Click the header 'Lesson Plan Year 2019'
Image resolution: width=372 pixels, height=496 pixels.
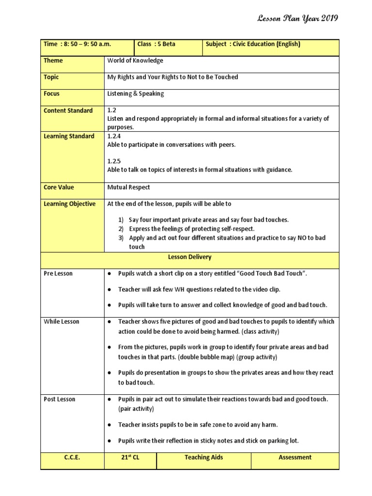pyautogui.click(x=298, y=19)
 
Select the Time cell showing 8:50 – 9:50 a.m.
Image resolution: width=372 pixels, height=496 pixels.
pyautogui.click(x=77, y=44)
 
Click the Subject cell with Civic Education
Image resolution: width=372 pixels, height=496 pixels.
pyautogui.click(x=253, y=44)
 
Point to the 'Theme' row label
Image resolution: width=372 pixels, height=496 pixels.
pyautogui.click(x=53, y=61)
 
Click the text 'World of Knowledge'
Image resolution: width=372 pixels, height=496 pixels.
pyautogui.click(x=135, y=61)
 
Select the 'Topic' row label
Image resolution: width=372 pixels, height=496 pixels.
pyautogui.click(x=52, y=77)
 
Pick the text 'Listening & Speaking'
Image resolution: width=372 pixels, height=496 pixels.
pyautogui.click(x=136, y=93)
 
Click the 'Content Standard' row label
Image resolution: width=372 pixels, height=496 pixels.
pyautogui.click(x=68, y=110)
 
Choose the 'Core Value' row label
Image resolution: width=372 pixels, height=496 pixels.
pyautogui.click(x=59, y=187)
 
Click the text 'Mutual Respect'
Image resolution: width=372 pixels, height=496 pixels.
pyautogui.click(x=128, y=187)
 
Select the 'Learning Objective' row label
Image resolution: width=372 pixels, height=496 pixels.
pyautogui.click(x=70, y=204)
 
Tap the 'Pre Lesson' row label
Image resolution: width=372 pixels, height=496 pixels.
pyautogui.click(x=58, y=274)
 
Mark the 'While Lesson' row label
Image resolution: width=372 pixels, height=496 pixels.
pyautogui.click(x=62, y=322)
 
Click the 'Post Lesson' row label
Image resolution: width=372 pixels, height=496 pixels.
pyautogui.click(x=60, y=399)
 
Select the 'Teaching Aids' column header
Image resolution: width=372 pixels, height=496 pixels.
pyautogui.click(x=203, y=457)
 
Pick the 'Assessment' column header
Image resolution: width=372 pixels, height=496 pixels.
pyautogui.click(x=295, y=457)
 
